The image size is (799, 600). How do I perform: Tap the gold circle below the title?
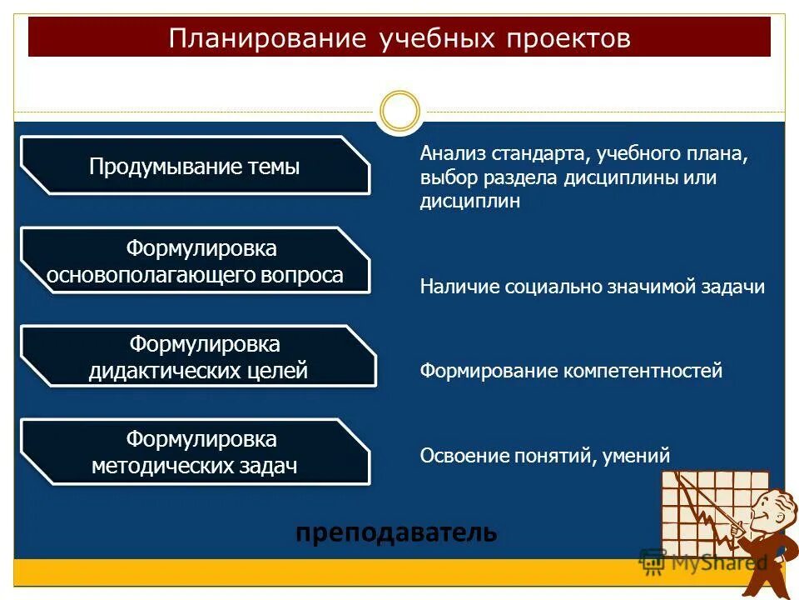click(x=399, y=111)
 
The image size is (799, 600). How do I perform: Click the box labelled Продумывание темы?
click(x=195, y=167)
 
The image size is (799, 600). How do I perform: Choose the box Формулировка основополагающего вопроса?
click(x=195, y=262)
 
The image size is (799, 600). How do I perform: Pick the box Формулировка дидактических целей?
click(x=198, y=357)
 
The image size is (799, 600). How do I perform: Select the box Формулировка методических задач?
click(x=195, y=452)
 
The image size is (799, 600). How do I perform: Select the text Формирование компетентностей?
click(x=571, y=371)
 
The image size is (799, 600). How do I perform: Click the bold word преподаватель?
click(x=396, y=532)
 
